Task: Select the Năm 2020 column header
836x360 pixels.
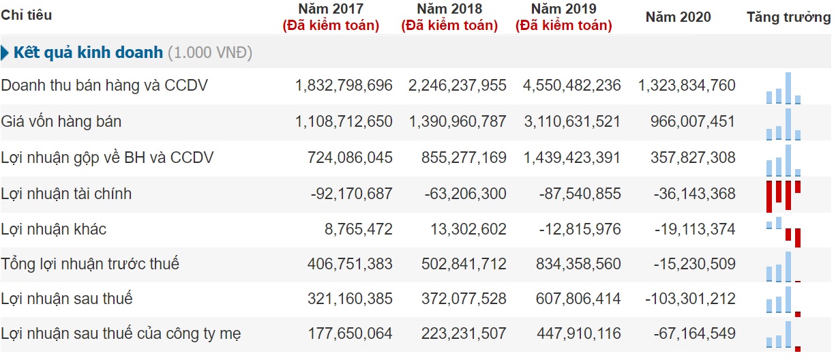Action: point(678,17)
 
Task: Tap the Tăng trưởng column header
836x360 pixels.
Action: point(788,17)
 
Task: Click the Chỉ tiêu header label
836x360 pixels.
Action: point(27,15)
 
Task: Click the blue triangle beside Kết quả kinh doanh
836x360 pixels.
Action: point(5,53)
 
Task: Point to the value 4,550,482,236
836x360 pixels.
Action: point(571,86)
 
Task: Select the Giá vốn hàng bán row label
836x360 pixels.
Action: point(61,122)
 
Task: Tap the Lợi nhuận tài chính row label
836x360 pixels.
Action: point(66,194)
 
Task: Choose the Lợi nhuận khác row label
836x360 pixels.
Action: point(54,230)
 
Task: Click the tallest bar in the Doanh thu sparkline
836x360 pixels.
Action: point(788,88)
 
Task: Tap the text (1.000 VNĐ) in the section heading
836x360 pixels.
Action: point(209,53)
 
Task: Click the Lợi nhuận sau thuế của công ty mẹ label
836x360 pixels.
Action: point(121,334)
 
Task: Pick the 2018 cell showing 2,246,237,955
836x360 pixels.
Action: point(458,86)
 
